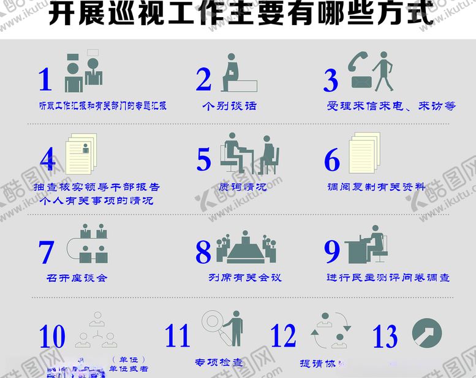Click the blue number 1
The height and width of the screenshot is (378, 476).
[x=45, y=79]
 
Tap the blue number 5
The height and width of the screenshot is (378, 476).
[x=204, y=160]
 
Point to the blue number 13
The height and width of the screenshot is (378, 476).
[x=385, y=336]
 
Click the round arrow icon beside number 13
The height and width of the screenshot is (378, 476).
[x=426, y=333]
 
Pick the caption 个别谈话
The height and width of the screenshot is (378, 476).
[x=229, y=106]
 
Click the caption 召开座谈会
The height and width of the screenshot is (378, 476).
[x=77, y=277]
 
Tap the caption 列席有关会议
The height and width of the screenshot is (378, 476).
[x=244, y=277]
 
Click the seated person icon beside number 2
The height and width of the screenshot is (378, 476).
[x=236, y=74]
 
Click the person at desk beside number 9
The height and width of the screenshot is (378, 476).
[x=368, y=244]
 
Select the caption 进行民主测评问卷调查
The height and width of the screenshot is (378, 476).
[x=388, y=277]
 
